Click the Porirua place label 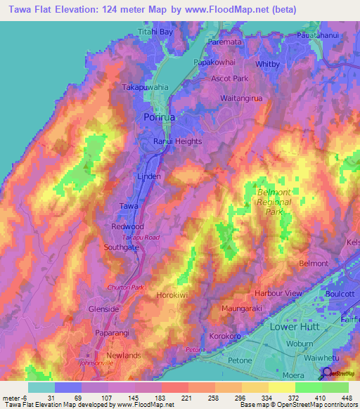tap(160, 117)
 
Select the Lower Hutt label tap(295, 327)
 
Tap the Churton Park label tap(124, 287)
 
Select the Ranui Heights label tap(178, 141)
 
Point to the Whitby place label tap(267, 64)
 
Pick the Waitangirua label tap(241, 98)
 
